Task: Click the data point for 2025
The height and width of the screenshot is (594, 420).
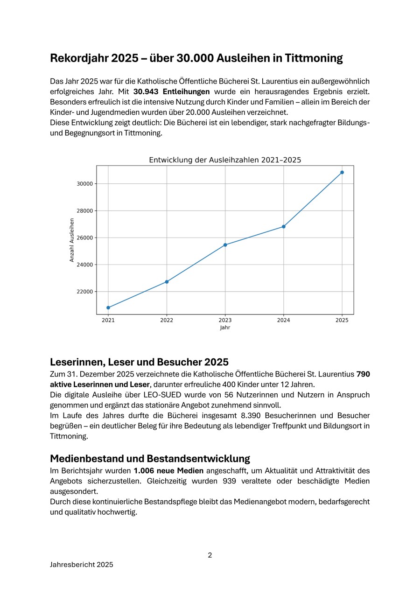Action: (342, 172)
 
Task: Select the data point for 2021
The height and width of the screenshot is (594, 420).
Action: (108, 307)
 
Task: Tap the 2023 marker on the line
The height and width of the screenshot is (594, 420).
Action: (225, 245)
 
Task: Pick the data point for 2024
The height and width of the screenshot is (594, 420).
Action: (284, 226)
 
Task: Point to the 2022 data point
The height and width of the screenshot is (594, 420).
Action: (167, 281)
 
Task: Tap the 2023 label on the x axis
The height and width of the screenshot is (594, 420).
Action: (225, 321)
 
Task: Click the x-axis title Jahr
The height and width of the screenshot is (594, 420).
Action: (225, 328)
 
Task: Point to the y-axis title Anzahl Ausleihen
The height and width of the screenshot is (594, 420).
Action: (72, 240)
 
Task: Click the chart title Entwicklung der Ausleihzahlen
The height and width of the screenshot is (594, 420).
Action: (225, 160)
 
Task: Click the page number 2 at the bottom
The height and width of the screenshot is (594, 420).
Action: (210, 555)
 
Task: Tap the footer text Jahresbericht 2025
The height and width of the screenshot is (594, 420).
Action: (82, 565)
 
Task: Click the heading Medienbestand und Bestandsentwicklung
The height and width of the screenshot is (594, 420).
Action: (150, 458)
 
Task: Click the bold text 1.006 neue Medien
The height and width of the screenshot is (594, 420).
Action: (168, 471)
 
